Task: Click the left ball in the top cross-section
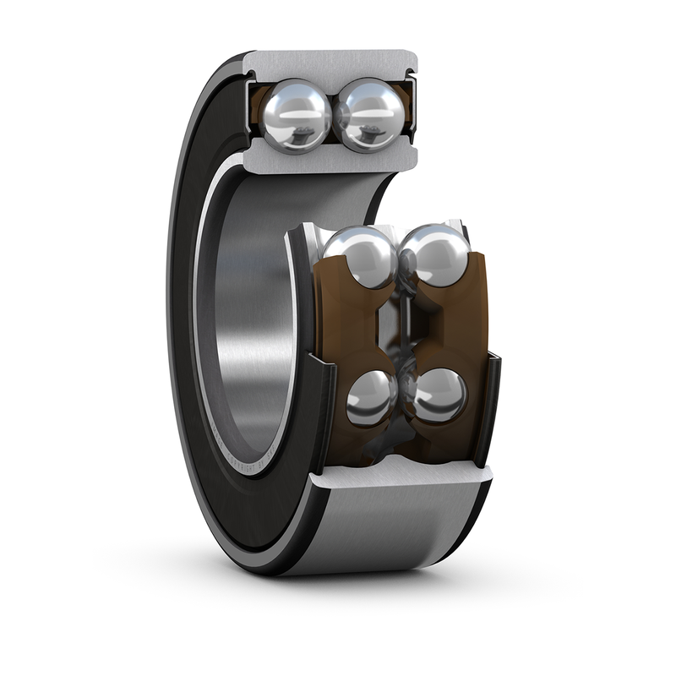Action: pyautogui.click(x=295, y=112)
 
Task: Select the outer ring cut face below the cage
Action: pyautogui.click(x=397, y=483)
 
